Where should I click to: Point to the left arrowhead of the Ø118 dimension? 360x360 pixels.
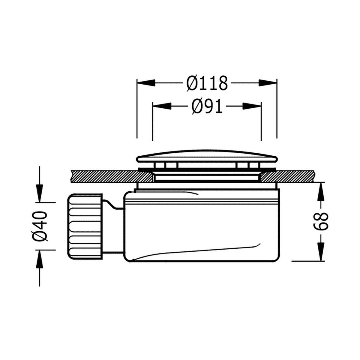[146, 83]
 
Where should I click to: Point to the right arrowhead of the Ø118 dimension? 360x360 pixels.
[268, 83]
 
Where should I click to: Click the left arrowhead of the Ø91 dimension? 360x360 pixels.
[162, 106]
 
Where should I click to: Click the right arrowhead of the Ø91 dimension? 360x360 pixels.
[252, 106]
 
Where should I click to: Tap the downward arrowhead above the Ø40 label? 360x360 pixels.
[39, 193]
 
